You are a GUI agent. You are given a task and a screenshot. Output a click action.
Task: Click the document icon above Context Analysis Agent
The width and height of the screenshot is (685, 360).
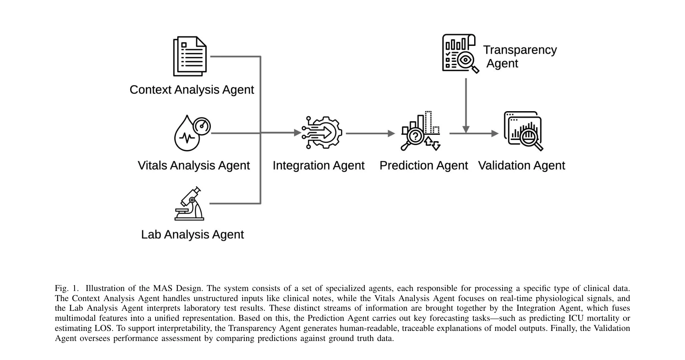click(x=190, y=56)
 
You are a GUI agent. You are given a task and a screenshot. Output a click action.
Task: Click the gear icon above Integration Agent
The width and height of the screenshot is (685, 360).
click(x=322, y=132)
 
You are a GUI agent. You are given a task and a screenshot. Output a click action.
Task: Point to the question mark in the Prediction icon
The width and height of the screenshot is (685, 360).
click(x=415, y=136)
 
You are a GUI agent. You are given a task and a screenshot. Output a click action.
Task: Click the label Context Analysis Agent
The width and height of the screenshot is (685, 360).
click(x=191, y=90)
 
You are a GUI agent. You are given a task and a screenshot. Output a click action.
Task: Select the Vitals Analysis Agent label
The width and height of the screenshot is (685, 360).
click(x=194, y=165)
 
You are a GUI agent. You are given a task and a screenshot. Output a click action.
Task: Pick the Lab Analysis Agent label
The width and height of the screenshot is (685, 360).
click(x=192, y=234)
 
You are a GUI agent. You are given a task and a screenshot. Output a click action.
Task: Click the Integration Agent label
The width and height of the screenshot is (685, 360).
click(x=318, y=165)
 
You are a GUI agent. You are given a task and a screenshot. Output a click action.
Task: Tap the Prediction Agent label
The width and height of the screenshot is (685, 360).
click(x=423, y=165)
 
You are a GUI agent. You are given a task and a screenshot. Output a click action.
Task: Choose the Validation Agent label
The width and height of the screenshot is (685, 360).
click(x=521, y=165)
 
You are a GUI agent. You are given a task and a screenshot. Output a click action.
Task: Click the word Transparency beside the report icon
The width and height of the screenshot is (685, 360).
click(x=520, y=50)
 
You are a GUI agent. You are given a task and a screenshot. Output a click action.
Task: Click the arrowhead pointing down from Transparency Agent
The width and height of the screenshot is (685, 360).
click(x=466, y=129)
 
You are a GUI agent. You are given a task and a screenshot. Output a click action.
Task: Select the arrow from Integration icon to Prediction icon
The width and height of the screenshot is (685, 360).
click(x=370, y=133)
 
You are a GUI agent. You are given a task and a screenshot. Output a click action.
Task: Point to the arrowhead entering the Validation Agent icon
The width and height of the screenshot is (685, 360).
click(x=495, y=133)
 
